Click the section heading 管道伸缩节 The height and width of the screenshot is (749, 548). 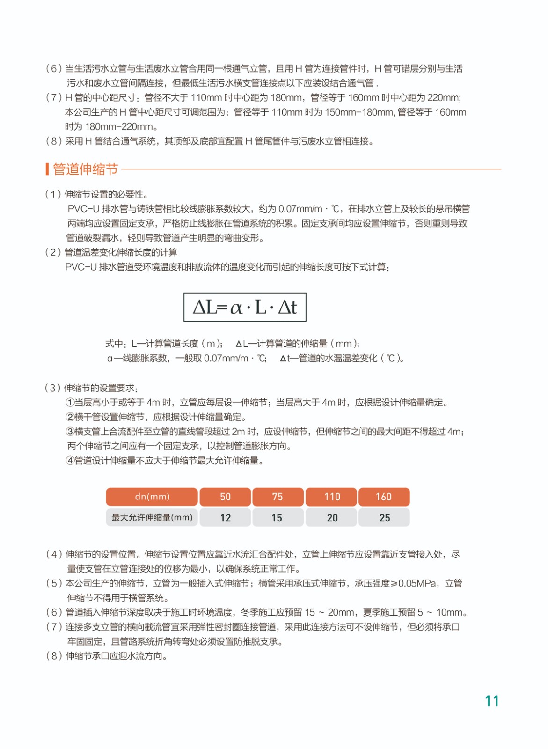tap(85, 169)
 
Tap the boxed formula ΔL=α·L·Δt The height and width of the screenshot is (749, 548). tap(245, 307)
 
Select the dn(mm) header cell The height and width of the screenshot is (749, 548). tap(152, 497)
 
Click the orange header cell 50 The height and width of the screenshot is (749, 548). tap(225, 497)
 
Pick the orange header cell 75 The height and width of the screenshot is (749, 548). tap(278, 497)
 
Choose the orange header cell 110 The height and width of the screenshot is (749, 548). tap(332, 497)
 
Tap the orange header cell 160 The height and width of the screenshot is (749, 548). tap(384, 497)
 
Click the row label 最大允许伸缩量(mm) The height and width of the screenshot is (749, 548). tap(152, 517)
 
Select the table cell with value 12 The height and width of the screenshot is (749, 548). tap(225, 518)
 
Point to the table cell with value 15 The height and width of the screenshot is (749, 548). tap(277, 518)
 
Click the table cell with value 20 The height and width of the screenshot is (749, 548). tap(332, 518)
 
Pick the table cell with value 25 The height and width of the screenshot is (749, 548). tap(384, 518)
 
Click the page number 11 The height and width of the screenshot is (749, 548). tap(492, 701)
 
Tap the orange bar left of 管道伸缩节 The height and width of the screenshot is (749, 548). tap(47, 169)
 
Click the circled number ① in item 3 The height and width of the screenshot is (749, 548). tap(70, 403)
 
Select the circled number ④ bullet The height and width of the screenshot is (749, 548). tap(70, 461)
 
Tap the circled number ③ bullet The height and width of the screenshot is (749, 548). tap(70, 432)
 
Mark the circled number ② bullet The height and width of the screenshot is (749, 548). tap(70, 417)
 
